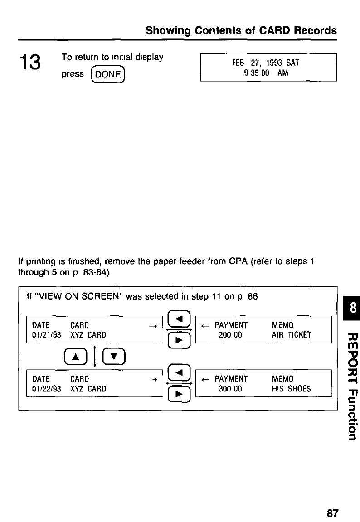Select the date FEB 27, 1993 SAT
pyautogui.click(x=268, y=63)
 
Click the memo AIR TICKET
pyautogui.click(x=291, y=335)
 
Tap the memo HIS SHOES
pyautogui.click(x=291, y=389)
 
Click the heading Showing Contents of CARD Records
pyautogui.click(x=241, y=30)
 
